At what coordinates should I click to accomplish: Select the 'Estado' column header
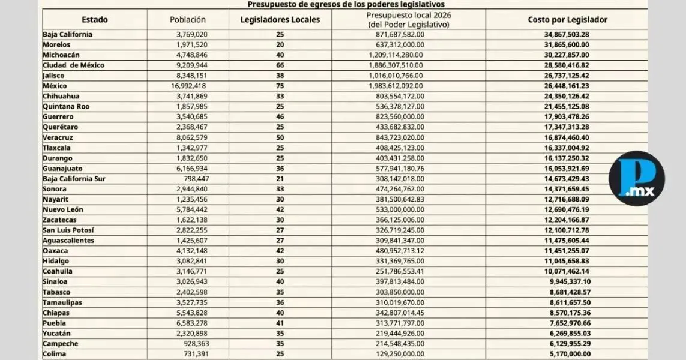pos(95,20)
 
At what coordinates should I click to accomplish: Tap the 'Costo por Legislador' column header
pos(567,20)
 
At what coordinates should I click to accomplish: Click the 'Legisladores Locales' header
pos(280,20)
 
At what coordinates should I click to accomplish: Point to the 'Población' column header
pos(188,20)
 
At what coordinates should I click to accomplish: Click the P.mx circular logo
pos(636,179)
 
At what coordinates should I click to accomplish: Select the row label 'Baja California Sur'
pos(74,179)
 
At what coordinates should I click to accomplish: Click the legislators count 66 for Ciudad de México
pos(280,65)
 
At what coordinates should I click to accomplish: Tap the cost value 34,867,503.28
pos(567,35)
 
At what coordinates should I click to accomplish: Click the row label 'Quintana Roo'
pos(66,107)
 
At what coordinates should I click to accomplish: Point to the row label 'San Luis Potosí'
pos(68,230)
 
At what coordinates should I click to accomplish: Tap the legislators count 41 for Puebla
pos(280,323)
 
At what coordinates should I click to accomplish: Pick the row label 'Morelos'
pos(56,45)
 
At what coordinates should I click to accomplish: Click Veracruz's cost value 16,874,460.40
pos(567,137)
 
